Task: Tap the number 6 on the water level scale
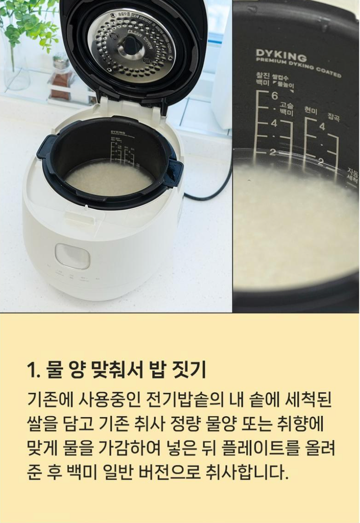point(274,96)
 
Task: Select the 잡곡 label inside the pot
point(334,117)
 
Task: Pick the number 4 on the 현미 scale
point(322,127)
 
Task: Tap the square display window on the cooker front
point(72,256)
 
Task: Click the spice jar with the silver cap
point(61,78)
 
